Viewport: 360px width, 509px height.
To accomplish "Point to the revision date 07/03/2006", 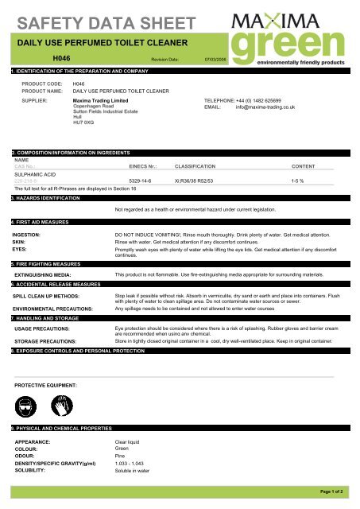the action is [x=217, y=60].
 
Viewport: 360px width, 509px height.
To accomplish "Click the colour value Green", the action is [x=123, y=448].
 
